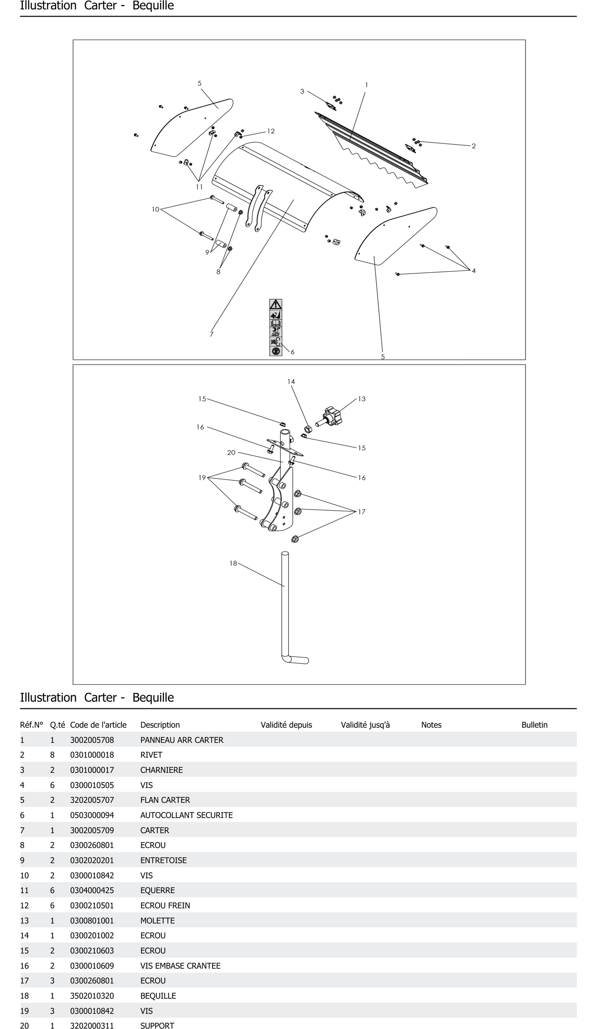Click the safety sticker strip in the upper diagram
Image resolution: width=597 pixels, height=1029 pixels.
[275, 328]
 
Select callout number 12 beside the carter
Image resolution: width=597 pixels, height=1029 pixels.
[271, 131]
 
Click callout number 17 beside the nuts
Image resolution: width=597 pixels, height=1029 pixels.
[362, 512]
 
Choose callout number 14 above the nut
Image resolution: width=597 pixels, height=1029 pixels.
[291, 381]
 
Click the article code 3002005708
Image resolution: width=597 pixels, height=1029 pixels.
[92, 740]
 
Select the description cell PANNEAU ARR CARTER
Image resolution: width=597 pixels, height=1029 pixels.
[182, 740]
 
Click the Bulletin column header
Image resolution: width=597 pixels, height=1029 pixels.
[534, 725]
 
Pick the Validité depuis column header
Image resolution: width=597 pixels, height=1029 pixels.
[286, 725]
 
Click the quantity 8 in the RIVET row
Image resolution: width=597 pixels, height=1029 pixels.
[52, 755]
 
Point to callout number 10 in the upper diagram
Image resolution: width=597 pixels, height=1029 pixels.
[155, 210]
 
